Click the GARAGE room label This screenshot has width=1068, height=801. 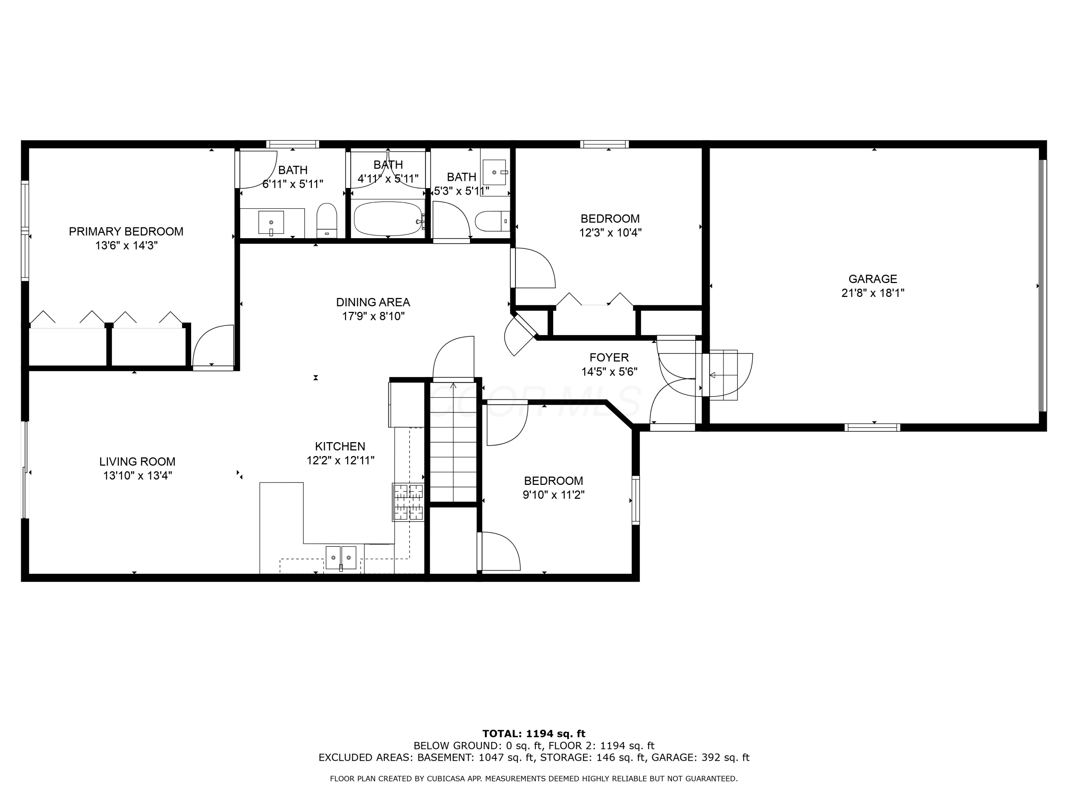tap(873, 279)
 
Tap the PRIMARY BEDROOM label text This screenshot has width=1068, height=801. tap(126, 232)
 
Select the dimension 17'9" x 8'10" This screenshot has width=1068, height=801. tap(373, 316)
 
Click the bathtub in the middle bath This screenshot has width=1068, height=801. tap(388, 219)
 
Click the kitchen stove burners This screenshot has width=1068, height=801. tap(408, 502)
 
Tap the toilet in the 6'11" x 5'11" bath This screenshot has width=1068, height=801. tap(327, 221)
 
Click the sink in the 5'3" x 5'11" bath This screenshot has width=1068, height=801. tap(494, 172)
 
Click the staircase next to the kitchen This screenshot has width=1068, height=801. tap(453, 444)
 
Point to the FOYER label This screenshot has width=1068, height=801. tap(609, 358)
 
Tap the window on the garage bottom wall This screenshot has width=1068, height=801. tap(872, 427)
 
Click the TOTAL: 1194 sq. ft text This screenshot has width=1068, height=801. tap(534, 734)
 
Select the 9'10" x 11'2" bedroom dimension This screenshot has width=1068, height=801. tap(553, 495)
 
